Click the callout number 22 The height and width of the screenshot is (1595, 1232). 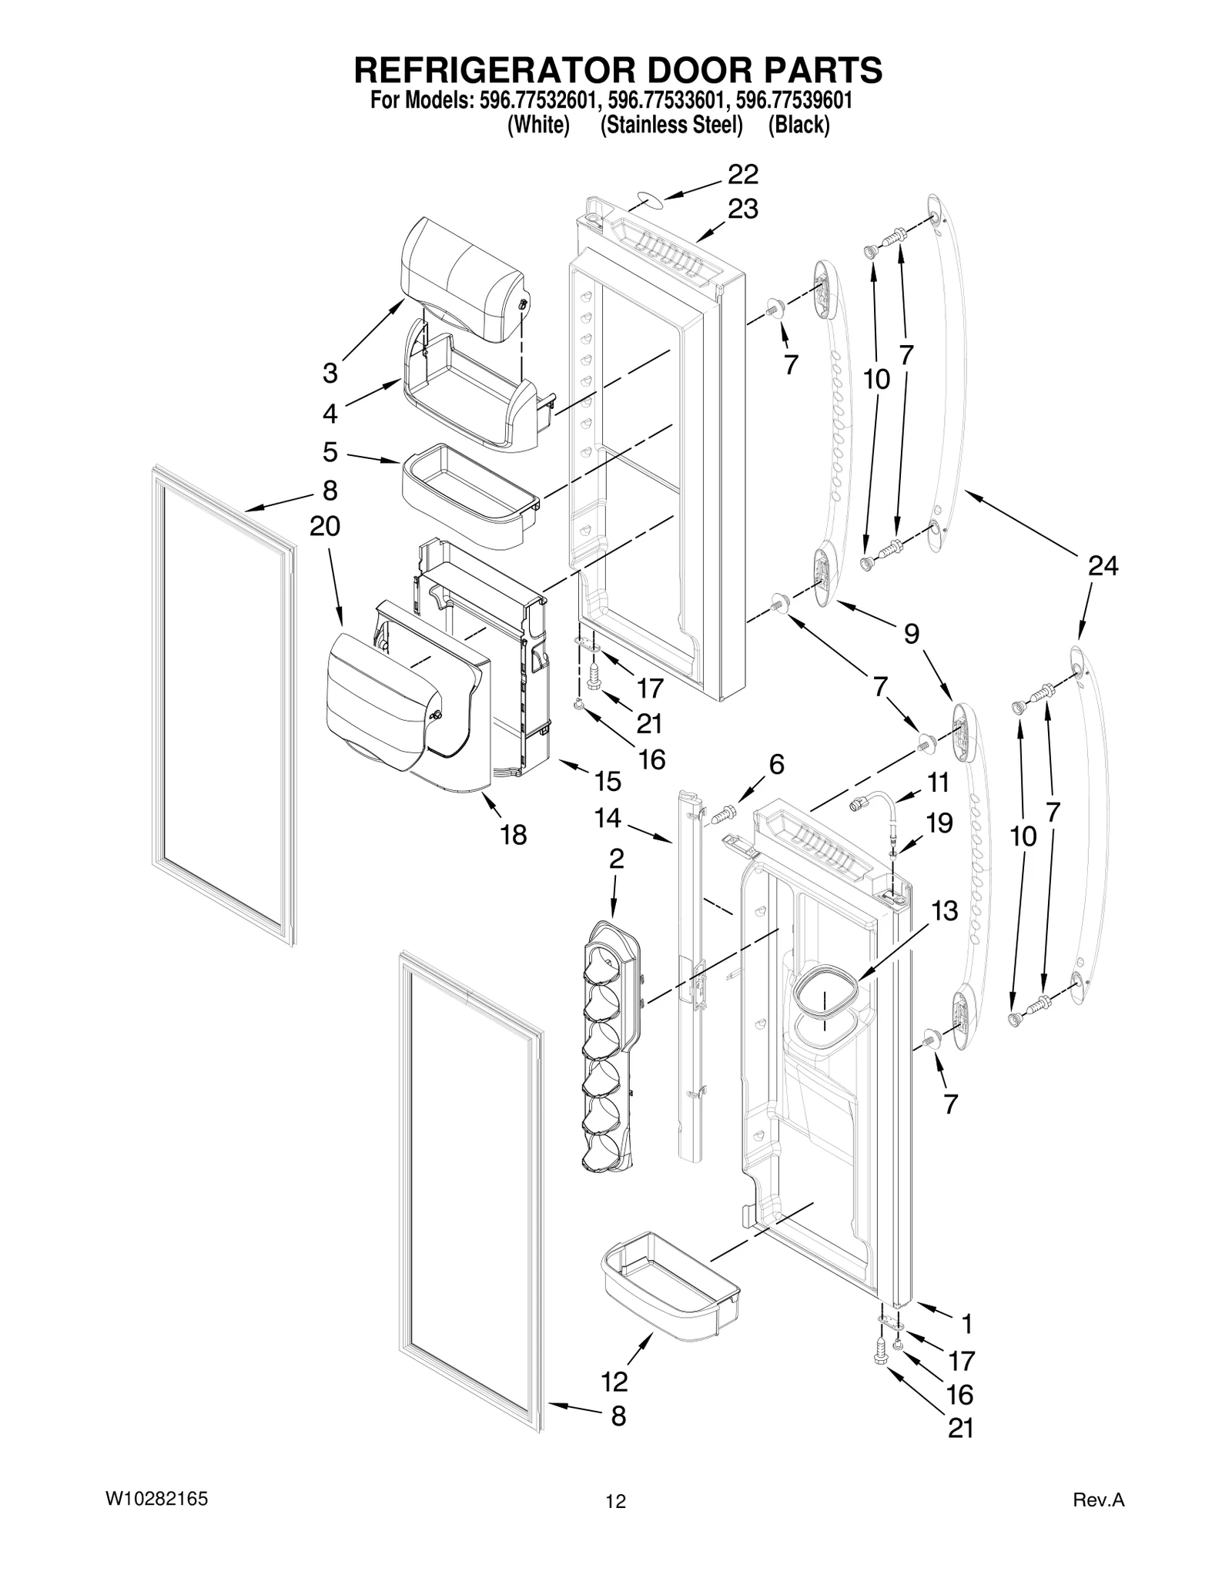click(x=742, y=175)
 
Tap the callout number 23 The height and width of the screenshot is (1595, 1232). click(x=743, y=209)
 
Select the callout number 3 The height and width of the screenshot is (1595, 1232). click(x=330, y=374)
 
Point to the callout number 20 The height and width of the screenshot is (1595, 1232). click(x=325, y=527)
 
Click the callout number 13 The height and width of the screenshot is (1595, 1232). click(x=944, y=910)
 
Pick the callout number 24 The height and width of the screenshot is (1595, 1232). click(x=1102, y=566)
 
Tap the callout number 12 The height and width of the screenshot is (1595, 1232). click(x=614, y=1382)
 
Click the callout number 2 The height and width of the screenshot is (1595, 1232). click(x=616, y=859)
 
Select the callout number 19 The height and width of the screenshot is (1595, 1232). click(x=939, y=823)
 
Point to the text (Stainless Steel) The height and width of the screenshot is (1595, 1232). click(x=671, y=125)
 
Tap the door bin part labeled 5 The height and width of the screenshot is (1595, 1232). click(x=470, y=497)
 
